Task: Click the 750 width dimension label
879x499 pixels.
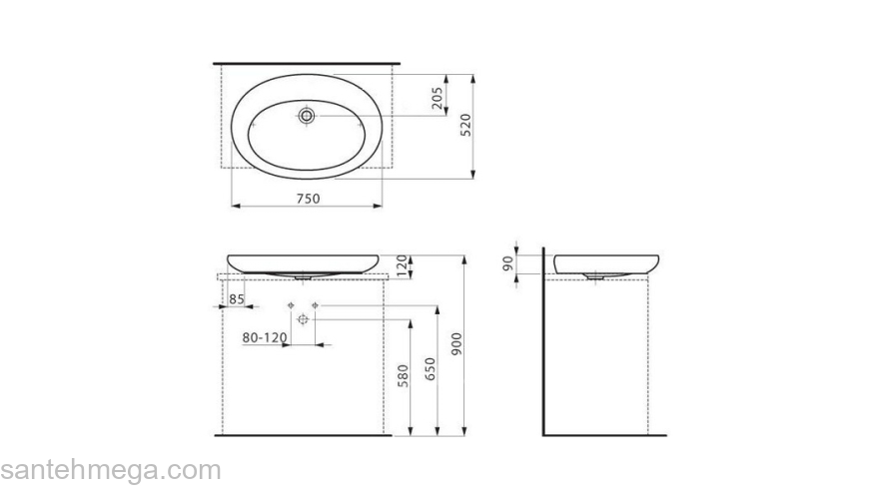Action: [x=308, y=198]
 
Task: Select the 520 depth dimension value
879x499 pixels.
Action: [x=465, y=125]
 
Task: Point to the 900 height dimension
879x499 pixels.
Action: [x=457, y=342]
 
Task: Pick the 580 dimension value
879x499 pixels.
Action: [x=402, y=377]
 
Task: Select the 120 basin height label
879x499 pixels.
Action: [x=402, y=265]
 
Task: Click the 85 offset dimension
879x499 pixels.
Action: [x=237, y=298]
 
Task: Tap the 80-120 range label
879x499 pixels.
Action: [x=265, y=337]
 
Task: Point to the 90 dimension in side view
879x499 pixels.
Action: [x=508, y=263]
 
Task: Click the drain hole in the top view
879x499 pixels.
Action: [x=307, y=116]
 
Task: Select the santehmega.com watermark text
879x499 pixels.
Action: [x=110, y=470]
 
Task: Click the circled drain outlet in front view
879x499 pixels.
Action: [x=304, y=318]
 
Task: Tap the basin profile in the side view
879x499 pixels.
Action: [x=603, y=264]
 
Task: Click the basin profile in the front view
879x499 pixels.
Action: [x=306, y=263]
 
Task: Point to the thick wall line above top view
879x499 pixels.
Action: [x=307, y=64]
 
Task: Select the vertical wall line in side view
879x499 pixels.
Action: [x=544, y=339]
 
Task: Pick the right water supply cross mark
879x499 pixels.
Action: [x=315, y=303]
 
